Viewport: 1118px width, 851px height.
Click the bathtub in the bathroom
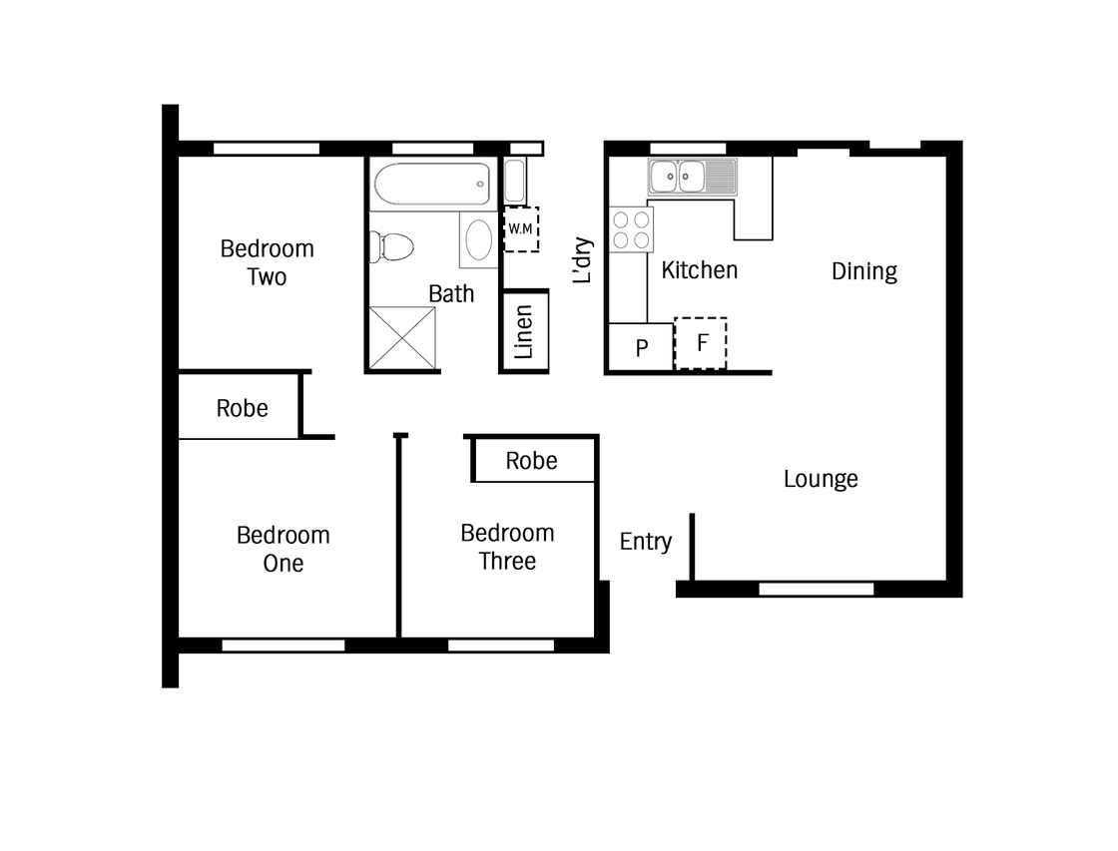click(x=432, y=184)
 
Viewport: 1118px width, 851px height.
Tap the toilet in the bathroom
click(x=391, y=247)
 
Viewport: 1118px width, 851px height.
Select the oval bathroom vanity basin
click(x=478, y=240)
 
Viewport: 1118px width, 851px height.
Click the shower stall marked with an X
click(x=402, y=338)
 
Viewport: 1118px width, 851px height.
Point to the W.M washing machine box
click(x=521, y=228)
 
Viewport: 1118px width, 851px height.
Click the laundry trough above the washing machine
click(x=515, y=181)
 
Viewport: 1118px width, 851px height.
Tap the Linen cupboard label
click(x=523, y=331)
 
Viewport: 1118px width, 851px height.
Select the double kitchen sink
click(x=693, y=177)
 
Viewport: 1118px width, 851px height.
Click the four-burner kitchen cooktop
click(x=631, y=229)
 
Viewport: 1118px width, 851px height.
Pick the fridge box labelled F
click(x=701, y=343)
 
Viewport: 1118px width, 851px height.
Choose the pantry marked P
click(x=641, y=347)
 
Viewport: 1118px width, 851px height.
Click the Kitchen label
click(x=699, y=270)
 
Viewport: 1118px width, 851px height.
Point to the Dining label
click(x=864, y=271)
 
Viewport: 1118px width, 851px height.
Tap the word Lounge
click(x=821, y=479)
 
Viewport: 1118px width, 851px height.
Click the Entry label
click(x=645, y=542)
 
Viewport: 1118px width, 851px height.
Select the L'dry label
click(x=583, y=260)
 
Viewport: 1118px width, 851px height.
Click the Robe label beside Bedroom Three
click(x=531, y=461)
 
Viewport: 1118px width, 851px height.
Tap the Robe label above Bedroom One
click(x=242, y=408)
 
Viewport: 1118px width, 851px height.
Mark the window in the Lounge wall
click(x=817, y=589)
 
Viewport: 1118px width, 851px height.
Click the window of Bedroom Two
click(x=267, y=149)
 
